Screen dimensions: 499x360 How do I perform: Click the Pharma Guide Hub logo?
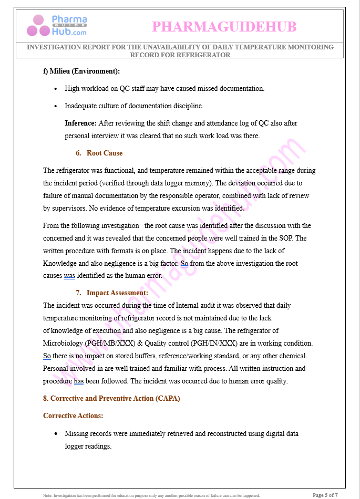point(57,26)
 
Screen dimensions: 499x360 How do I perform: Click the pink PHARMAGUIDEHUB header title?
point(224,27)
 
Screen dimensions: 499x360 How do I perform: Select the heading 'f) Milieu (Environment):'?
point(81,71)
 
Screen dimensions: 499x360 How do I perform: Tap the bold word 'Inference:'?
point(80,123)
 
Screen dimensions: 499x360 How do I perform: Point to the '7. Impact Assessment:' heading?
point(111,293)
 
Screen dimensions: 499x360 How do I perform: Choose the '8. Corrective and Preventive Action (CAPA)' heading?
point(111,398)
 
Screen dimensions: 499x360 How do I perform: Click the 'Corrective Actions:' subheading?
point(73,415)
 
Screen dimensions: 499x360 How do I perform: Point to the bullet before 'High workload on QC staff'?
point(56,89)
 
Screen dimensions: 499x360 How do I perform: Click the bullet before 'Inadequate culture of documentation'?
point(56,106)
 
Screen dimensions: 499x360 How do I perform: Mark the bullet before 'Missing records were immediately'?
point(56,434)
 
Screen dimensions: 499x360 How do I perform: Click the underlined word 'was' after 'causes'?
point(69,275)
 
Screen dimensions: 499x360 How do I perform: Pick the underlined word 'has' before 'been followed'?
point(79,381)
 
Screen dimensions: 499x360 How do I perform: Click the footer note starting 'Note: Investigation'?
point(151,495)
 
